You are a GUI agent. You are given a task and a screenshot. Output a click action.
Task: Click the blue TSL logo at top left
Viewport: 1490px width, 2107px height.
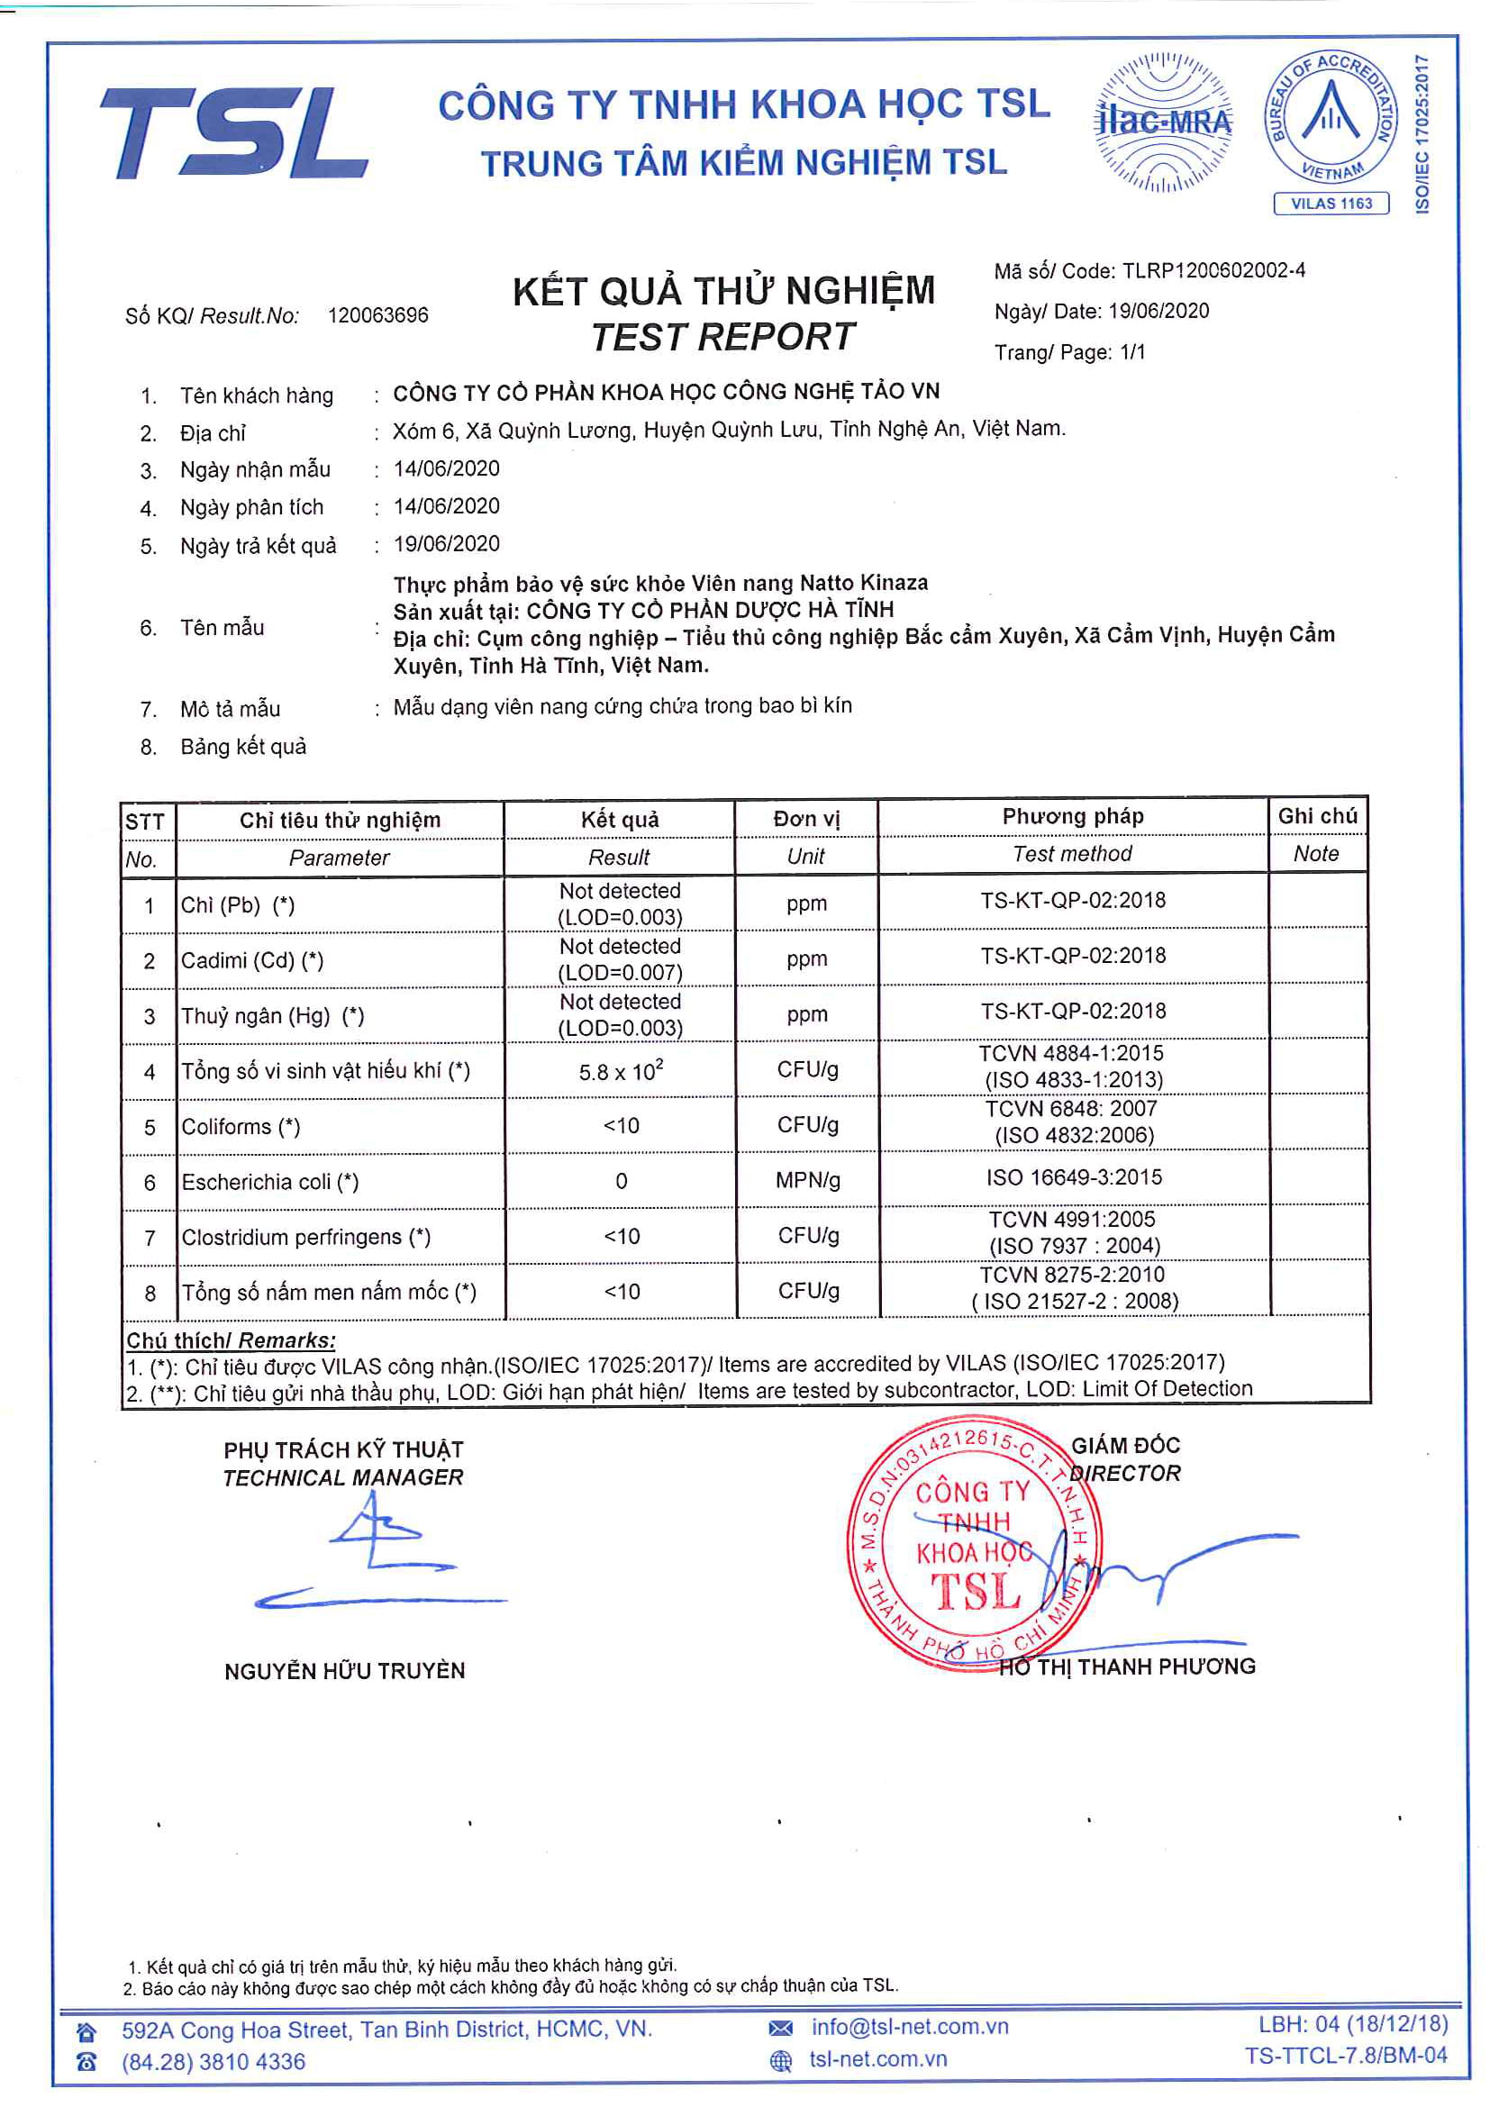tap(234, 132)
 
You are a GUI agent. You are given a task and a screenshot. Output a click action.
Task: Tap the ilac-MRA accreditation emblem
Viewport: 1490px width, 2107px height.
tap(1162, 122)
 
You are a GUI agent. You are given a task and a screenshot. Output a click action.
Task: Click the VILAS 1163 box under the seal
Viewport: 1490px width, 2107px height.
tap(1331, 204)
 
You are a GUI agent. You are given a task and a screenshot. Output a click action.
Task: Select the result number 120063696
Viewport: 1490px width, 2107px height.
tap(378, 315)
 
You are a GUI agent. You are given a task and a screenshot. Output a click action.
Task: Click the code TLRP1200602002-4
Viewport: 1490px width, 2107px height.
tap(1213, 271)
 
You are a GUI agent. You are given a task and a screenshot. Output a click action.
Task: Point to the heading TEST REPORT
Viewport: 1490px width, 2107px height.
tap(723, 337)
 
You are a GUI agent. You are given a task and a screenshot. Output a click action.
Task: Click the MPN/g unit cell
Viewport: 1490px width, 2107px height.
tap(807, 1180)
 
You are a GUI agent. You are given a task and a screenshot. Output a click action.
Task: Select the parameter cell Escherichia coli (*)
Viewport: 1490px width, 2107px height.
tap(269, 1182)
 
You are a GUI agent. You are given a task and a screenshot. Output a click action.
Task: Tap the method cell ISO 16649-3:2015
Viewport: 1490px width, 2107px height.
tap(1074, 1177)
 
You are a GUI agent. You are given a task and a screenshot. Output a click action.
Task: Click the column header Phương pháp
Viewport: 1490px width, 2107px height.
tap(1073, 816)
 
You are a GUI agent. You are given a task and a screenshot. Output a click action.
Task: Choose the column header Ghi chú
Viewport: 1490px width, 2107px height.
tap(1317, 816)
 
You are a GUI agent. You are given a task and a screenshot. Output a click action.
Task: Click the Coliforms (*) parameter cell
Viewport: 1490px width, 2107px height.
tap(241, 1127)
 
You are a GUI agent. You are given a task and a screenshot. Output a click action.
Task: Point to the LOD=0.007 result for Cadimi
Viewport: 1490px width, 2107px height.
tap(620, 972)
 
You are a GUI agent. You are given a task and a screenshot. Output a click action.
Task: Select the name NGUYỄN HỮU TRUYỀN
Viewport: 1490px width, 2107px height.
tap(344, 1671)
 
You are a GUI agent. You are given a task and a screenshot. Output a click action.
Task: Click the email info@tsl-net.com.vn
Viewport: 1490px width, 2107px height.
tap(909, 2027)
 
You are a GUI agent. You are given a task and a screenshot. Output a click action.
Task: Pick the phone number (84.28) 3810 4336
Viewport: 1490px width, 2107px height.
tap(213, 2062)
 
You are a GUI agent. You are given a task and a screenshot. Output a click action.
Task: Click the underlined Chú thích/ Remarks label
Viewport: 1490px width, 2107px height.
tap(232, 1340)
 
